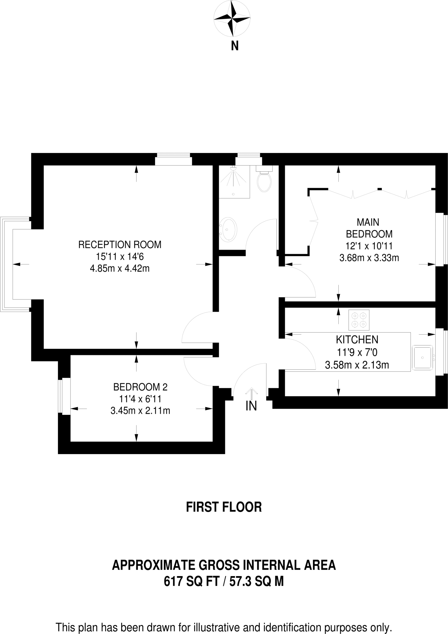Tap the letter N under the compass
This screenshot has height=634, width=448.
click(235, 46)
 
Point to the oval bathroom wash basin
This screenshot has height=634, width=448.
click(228, 230)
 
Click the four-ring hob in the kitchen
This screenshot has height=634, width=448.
click(359, 320)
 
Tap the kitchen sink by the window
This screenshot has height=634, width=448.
click(422, 358)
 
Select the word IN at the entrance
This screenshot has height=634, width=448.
click(251, 406)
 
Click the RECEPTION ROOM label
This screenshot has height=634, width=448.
click(120, 245)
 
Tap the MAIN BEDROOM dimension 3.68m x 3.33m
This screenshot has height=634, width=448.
click(369, 258)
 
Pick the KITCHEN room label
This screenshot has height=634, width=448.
click(357, 340)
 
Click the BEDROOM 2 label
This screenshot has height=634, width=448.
click(140, 387)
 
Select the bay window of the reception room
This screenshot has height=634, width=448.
click(7, 264)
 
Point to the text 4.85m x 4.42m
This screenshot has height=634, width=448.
click(120, 268)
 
